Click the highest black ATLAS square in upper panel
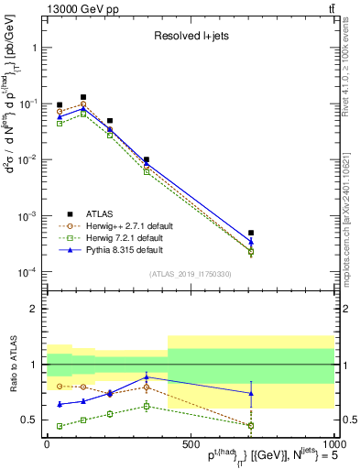pyautogui.click(x=83, y=97)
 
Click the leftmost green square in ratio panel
pyautogui.click(x=60, y=426)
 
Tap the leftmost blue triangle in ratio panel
pyautogui.click(x=60, y=404)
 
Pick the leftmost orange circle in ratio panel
pyautogui.click(x=60, y=387)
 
